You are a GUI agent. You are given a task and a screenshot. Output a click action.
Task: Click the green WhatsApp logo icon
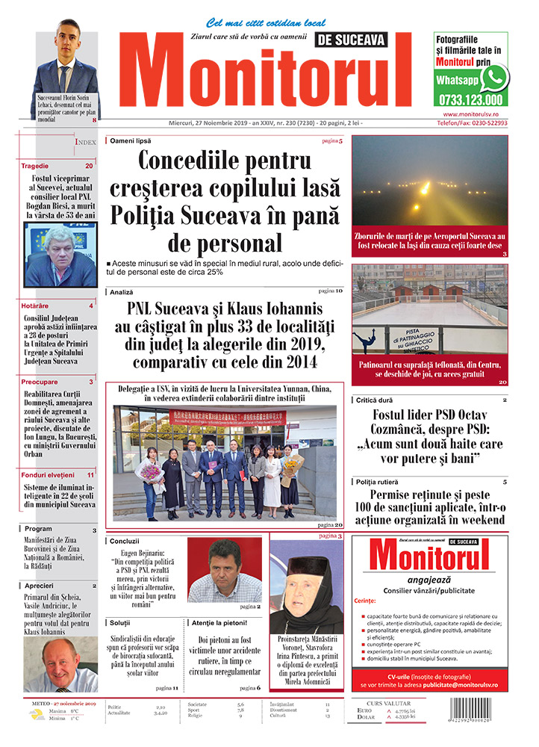pyautogui.click(x=494, y=78)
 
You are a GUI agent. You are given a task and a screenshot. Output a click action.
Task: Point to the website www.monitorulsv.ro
pyautogui.click(x=470, y=114)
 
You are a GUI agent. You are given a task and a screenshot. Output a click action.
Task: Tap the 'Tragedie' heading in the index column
pyautogui.click(x=36, y=166)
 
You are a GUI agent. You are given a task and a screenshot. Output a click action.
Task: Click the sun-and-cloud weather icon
pyautogui.click(x=35, y=715)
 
